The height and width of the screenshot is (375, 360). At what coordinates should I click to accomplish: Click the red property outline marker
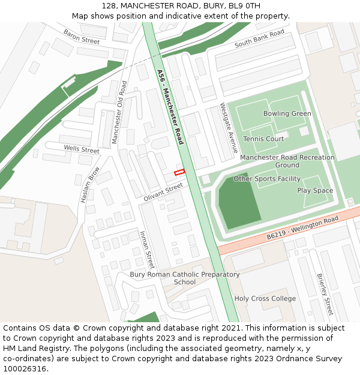pyautogui.click(x=179, y=173)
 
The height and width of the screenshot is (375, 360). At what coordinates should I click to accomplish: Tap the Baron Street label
pyautogui.click(x=81, y=37)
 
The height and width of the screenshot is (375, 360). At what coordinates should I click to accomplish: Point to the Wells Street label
pyautogui.click(x=81, y=149)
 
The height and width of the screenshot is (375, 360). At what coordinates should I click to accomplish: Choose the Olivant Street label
pyautogui.click(x=163, y=193)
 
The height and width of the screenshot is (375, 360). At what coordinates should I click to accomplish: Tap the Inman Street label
pyautogui.click(x=147, y=249)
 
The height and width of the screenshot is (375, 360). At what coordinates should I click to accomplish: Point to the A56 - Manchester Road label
pyautogui.click(x=170, y=107)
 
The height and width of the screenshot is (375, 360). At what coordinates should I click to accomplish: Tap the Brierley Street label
pyautogui.click(x=325, y=294)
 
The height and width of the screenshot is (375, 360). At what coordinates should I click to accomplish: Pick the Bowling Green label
pyautogui.click(x=287, y=113)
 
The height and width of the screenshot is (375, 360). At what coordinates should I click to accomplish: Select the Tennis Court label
pyautogui.click(x=263, y=139)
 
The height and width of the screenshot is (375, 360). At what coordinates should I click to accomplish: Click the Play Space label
pyautogui.click(x=315, y=191)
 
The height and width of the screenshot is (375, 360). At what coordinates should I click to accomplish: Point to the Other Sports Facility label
pyautogui.click(x=267, y=179)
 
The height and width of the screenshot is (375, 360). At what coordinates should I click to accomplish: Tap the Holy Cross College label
pyautogui.click(x=265, y=299)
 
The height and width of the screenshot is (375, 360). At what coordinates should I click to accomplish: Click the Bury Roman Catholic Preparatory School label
pyautogui.click(x=185, y=278)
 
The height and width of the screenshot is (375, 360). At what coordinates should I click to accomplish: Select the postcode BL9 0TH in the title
pyautogui.click(x=246, y=5)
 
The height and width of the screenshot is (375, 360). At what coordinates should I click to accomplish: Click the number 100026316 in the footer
pyautogui.click(x=25, y=369)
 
